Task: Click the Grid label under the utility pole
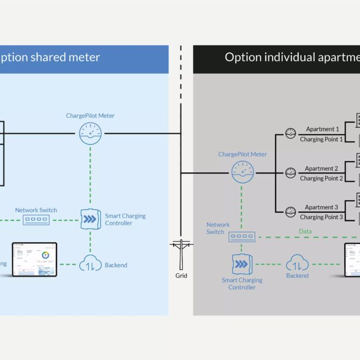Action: pyautogui.click(x=181, y=275)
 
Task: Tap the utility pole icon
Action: pyautogui.click(x=180, y=253)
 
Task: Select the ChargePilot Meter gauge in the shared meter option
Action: pyautogui.click(x=90, y=133)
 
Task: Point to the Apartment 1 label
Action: pyautogui.click(x=322, y=129)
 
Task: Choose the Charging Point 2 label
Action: pyautogui.click(x=321, y=178)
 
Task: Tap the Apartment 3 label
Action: pyautogui.click(x=322, y=207)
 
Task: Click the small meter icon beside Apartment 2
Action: pyautogui.click(x=290, y=173)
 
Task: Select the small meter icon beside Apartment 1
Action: pyautogui.click(x=290, y=133)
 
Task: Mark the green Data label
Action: pyautogui.click(x=305, y=231)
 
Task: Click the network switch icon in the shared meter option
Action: pyautogui.click(x=36, y=220)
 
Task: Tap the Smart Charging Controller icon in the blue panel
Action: pyautogui.click(x=90, y=220)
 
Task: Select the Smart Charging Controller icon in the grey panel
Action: pyautogui.click(x=242, y=265)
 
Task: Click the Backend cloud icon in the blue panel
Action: pyautogui.click(x=90, y=265)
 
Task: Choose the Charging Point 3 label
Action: pyautogui.click(x=321, y=217)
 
